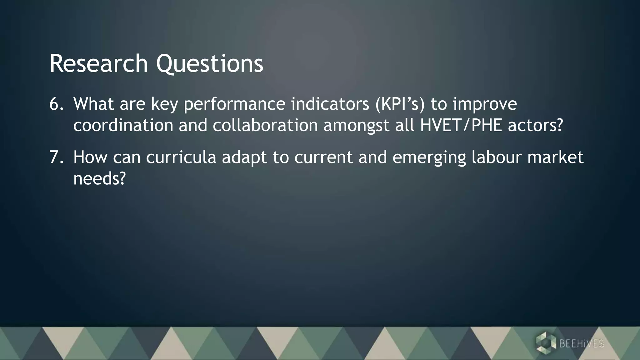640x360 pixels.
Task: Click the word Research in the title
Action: point(99,64)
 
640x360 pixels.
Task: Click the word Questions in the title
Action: point(209,64)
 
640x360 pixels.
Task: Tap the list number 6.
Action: point(56,104)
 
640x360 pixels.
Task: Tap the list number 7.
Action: point(56,157)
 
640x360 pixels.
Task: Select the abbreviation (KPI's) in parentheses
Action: point(400,104)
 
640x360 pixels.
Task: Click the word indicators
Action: point(330,104)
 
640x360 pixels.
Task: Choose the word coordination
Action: point(123,125)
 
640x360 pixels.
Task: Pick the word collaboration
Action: point(265,125)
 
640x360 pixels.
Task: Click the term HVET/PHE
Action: point(461,125)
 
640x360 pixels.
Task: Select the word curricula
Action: point(181,157)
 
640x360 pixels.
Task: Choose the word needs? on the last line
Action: point(99,179)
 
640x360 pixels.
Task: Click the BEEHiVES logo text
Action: point(582,344)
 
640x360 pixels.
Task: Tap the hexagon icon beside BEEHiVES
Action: point(546,343)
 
